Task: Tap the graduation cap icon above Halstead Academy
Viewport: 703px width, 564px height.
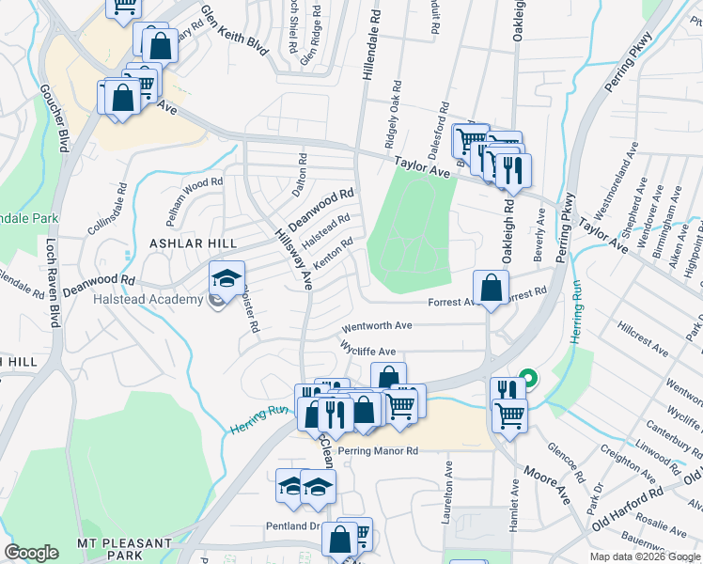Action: pyautogui.click(x=227, y=278)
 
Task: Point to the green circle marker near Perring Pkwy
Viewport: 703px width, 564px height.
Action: pyautogui.click(x=528, y=380)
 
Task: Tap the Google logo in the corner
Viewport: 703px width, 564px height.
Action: pyautogui.click(x=32, y=553)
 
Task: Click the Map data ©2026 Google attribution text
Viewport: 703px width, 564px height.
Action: pyautogui.click(x=644, y=556)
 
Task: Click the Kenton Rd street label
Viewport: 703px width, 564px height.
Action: pyautogui.click(x=334, y=255)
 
